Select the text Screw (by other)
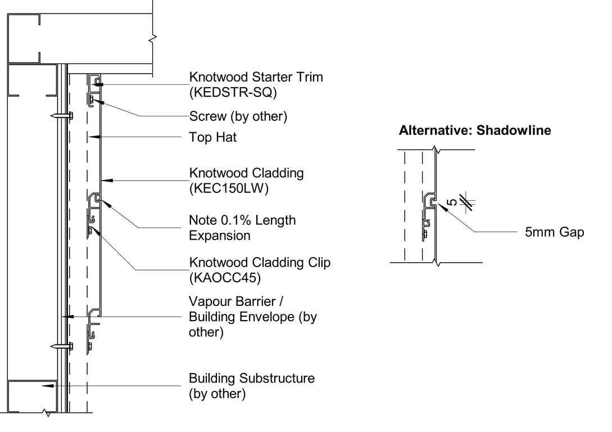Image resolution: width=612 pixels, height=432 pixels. (238, 116)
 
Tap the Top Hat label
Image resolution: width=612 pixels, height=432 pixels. (213, 137)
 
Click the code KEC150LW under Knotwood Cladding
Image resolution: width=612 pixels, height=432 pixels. (229, 188)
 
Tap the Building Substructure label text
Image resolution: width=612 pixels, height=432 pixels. (252, 378)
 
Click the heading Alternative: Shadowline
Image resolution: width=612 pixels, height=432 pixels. (475, 131)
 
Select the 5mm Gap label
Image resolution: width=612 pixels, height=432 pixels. (554, 232)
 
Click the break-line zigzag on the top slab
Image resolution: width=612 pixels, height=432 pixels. (153, 39)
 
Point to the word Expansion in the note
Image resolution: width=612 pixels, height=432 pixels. (220, 236)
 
